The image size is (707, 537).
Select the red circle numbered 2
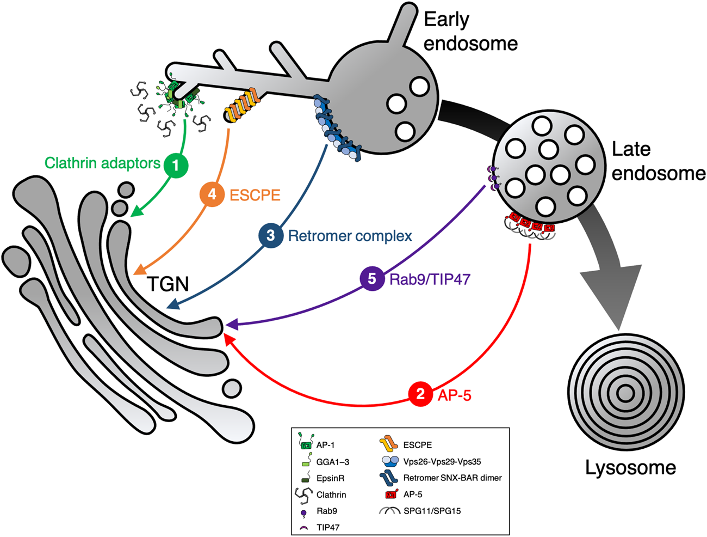[x=420, y=394]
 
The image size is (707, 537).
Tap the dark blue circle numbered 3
[x=270, y=236]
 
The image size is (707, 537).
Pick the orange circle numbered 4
[x=212, y=194]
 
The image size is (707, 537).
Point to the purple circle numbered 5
[x=372, y=279]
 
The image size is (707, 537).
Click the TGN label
[x=168, y=284]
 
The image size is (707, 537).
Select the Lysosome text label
[x=630, y=467]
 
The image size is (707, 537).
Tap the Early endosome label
[x=470, y=31]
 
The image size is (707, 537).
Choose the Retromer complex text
[x=350, y=236]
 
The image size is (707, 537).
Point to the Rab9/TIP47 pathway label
[x=430, y=279]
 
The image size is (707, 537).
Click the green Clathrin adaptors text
[x=102, y=163]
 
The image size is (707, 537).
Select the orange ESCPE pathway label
[x=255, y=195]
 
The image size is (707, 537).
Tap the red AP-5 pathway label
[x=454, y=395]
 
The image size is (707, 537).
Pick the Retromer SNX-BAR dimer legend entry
[x=452, y=478]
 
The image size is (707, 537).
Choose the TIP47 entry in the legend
[x=327, y=527]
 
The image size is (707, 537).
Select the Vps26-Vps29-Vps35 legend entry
[x=442, y=461]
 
